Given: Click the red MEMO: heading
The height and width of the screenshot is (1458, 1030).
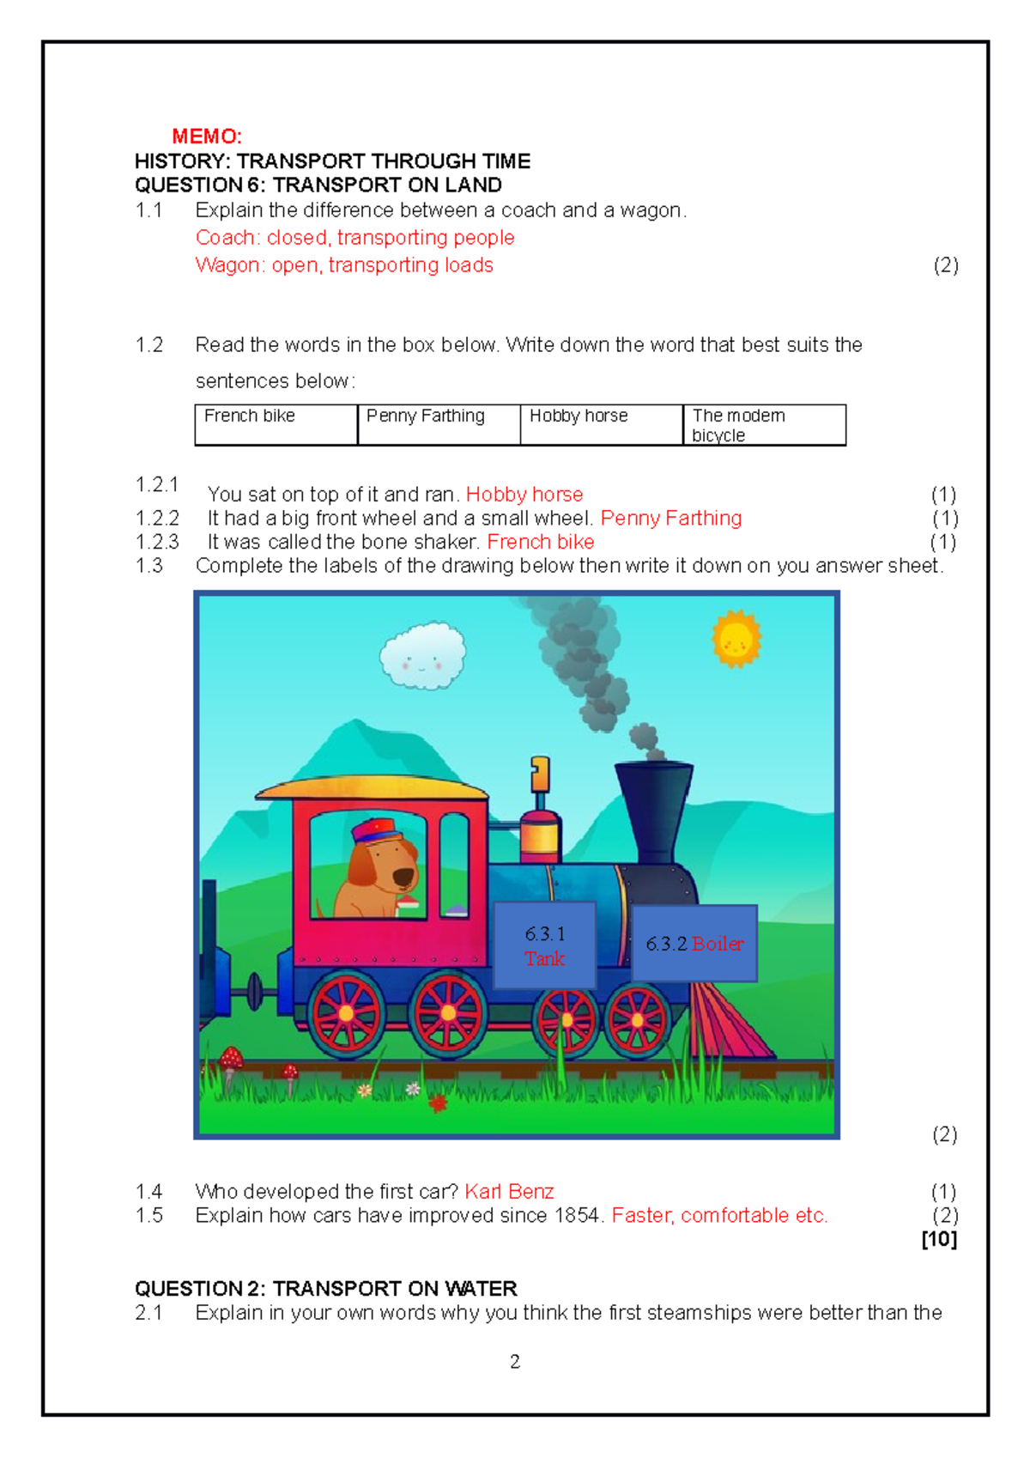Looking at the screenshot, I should tap(207, 137).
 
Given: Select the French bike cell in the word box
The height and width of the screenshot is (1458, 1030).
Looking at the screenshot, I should tap(276, 425).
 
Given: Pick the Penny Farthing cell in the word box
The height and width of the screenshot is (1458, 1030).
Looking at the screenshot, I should tap(439, 425).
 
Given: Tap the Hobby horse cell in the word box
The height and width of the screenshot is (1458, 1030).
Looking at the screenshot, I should tap(601, 425).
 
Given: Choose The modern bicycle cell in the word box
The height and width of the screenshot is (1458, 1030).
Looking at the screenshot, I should tap(764, 425).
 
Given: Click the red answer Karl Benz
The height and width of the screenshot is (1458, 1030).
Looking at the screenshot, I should tap(509, 1192).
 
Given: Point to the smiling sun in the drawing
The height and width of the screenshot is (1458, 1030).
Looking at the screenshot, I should tap(736, 640).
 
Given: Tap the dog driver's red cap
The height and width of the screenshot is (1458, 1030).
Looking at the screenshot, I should tap(376, 831).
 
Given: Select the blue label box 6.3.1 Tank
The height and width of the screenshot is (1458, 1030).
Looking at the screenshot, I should tap(545, 945).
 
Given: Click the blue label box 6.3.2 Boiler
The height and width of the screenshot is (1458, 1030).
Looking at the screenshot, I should tap(694, 944).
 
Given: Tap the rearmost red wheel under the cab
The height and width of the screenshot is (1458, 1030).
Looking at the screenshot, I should tap(347, 1014).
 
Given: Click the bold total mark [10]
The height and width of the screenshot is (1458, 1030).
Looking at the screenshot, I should tap(939, 1239).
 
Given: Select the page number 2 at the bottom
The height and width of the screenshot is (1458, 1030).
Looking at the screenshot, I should tap(515, 1362).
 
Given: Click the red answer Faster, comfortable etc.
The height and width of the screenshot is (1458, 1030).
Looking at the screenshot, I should tap(719, 1216).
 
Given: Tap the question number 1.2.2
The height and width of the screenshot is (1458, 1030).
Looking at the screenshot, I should tap(157, 519).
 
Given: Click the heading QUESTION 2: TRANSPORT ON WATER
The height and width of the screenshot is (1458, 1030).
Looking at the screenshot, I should tap(326, 1289).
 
